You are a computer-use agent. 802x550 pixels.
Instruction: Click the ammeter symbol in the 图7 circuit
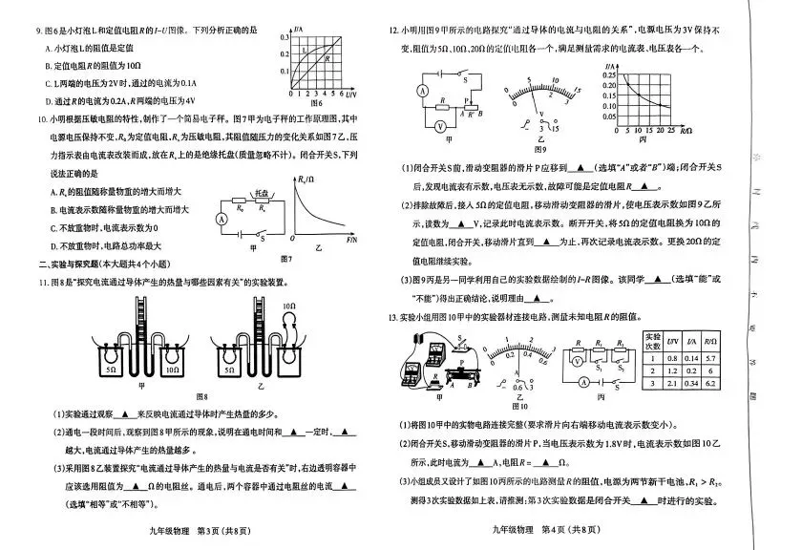pos(222,219)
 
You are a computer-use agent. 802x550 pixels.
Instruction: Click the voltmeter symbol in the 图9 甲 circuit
pos(440,125)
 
